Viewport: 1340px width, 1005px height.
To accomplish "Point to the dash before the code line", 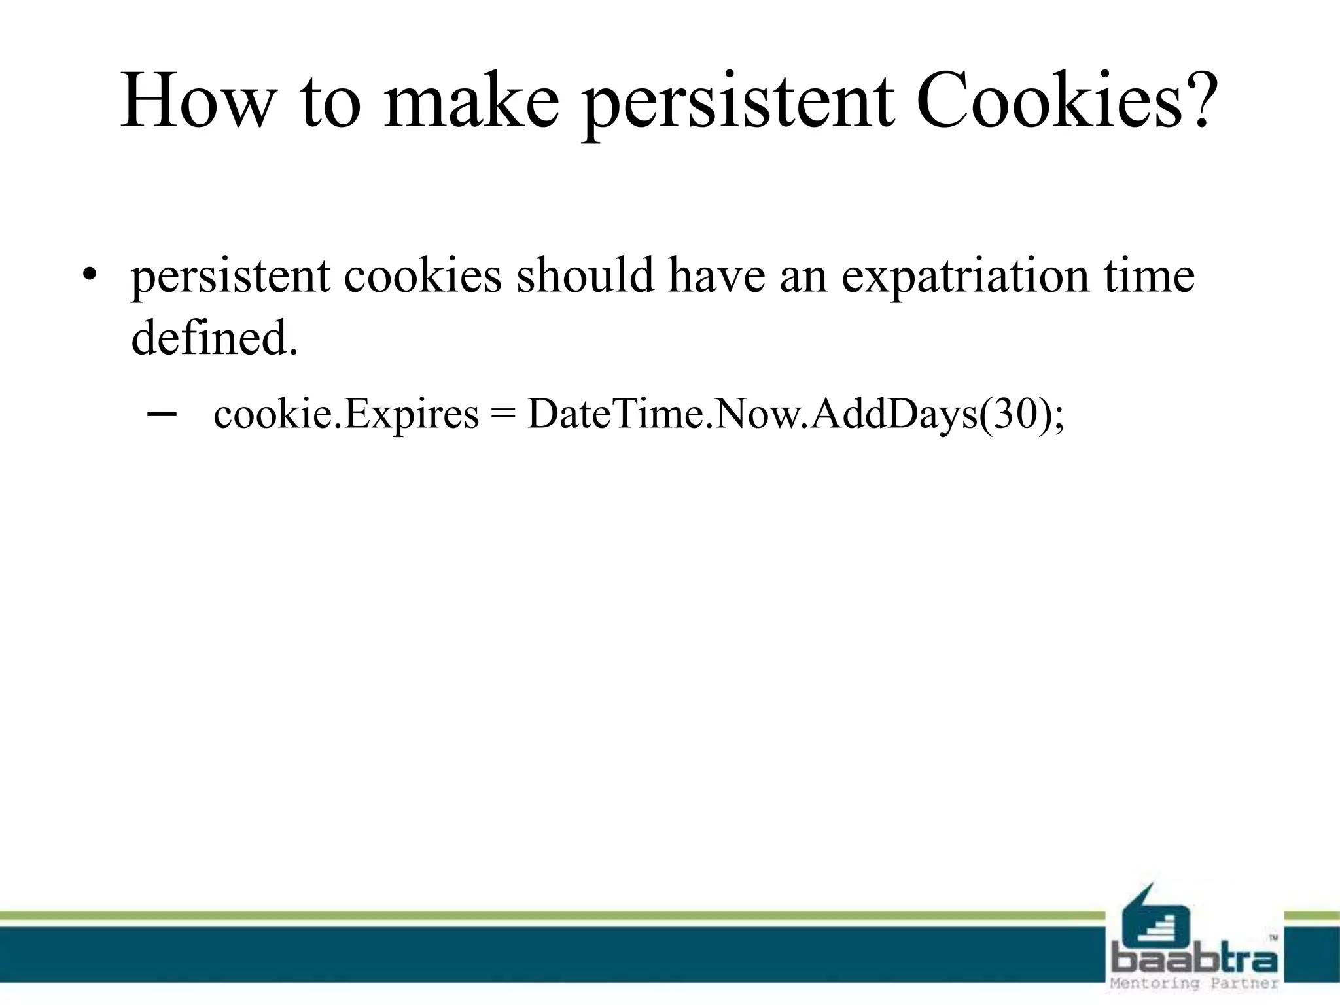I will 161,414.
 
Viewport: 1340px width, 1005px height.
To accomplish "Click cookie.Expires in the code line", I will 346,415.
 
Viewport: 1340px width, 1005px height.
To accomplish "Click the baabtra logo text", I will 1195,961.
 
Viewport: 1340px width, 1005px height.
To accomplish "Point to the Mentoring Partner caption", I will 1195,983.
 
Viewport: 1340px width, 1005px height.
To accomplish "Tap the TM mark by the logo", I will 1273,938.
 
